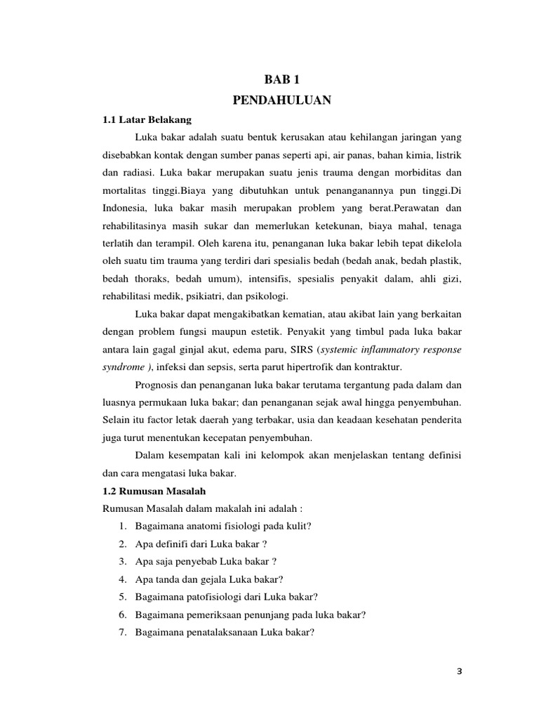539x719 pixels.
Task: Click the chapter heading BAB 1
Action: click(281, 81)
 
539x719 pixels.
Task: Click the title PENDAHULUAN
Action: click(281, 101)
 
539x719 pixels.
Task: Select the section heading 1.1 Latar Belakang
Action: click(147, 120)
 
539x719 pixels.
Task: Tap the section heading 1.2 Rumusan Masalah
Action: click(154, 491)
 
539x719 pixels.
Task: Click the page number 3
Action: click(460, 671)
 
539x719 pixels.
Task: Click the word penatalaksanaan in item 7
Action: click(224, 632)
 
